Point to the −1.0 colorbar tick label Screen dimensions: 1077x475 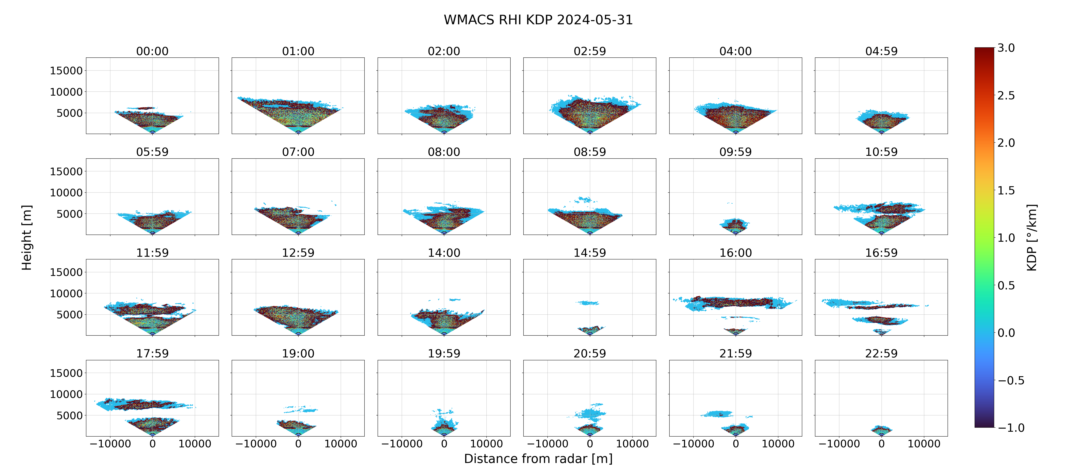click(1011, 428)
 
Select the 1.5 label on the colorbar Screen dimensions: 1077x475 click(1006, 190)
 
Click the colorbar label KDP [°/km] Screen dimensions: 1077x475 click(1032, 237)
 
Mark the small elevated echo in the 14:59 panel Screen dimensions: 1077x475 click(587, 303)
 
